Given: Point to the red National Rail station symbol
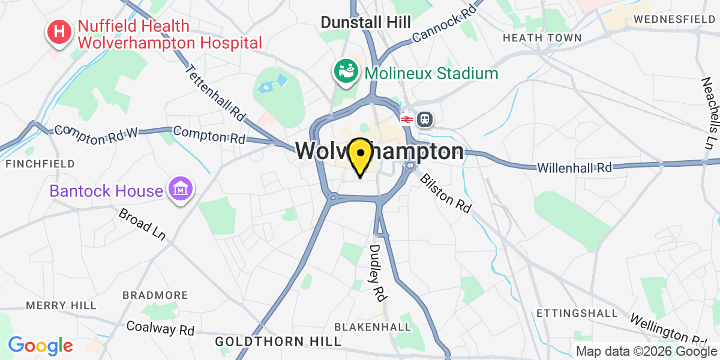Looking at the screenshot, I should (x=406, y=119).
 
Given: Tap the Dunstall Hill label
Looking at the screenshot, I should (x=365, y=22).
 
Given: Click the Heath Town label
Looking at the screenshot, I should (x=542, y=38).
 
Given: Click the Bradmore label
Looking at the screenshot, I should (x=155, y=295).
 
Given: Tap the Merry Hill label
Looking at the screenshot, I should (x=61, y=305).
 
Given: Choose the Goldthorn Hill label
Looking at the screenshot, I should (x=278, y=341).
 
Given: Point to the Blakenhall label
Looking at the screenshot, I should (x=373, y=327).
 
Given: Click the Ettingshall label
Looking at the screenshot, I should (x=577, y=313).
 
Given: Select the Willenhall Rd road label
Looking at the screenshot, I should (x=574, y=167).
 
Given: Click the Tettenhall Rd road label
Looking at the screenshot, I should (x=216, y=91).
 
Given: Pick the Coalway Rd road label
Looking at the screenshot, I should (x=160, y=329).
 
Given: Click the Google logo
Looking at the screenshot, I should (x=40, y=346).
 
